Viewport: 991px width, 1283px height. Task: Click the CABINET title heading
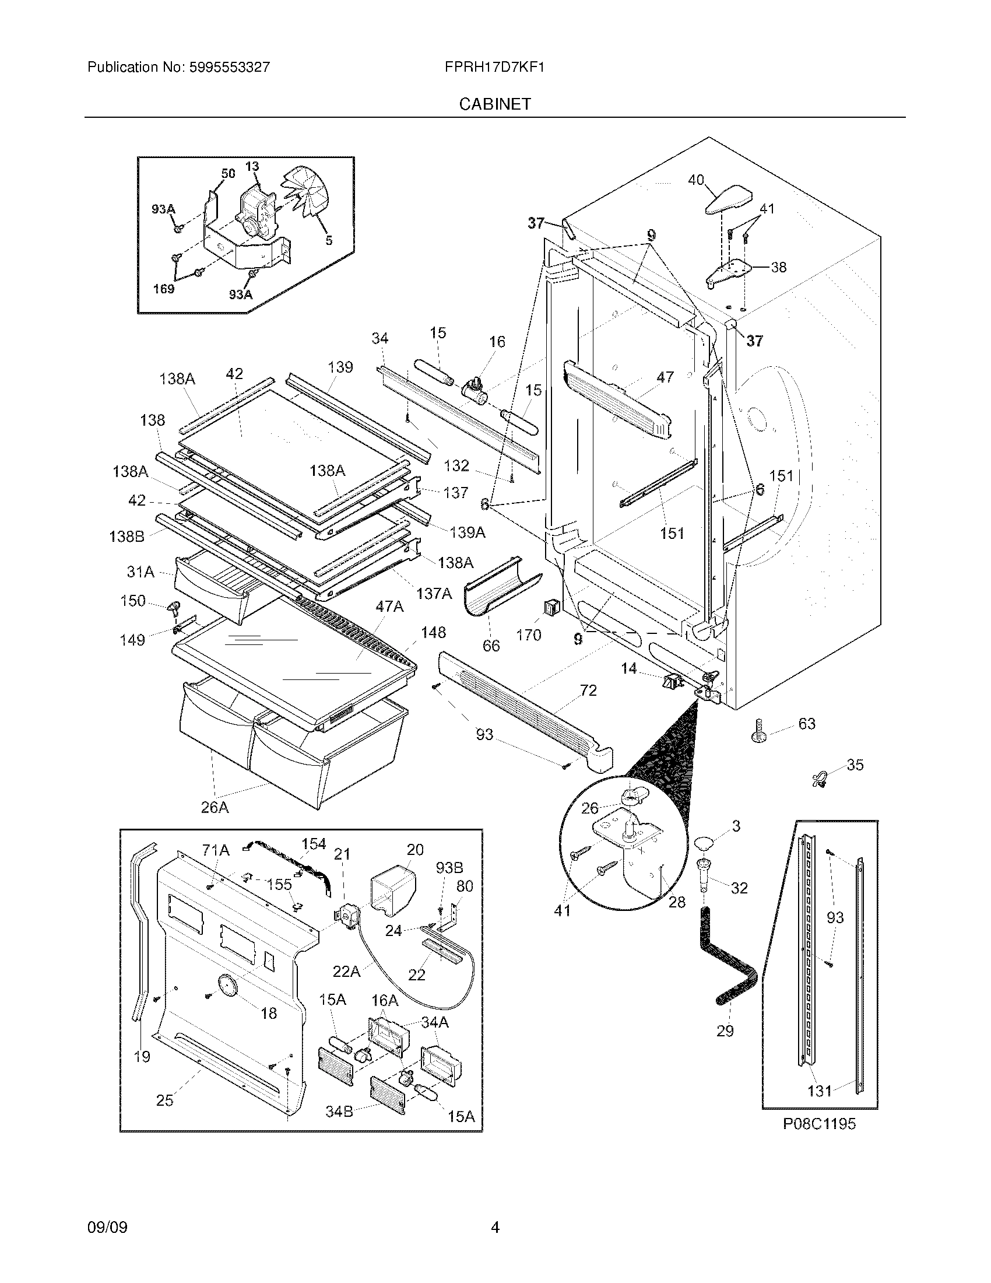pyautogui.click(x=495, y=104)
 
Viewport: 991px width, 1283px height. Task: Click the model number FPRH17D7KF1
pyautogui.click(x=495, y=67)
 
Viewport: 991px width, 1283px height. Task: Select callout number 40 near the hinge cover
pyautogui.click(x=695, y=180)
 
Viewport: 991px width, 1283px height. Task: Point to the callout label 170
pyautogui.click(x=528, y=635)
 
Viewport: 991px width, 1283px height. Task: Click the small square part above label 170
pyautogui.click(x=551, y=608)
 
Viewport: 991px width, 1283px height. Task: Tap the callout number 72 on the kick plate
pyautogui.click(x=588, y=690)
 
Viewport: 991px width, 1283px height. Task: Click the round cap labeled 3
pyautogui.click(x=705, y=844)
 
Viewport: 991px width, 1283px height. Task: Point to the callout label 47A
pyautogui.click(x=389, y=607)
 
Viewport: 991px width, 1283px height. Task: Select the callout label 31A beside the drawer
pyautogui.click(x=140, y=571)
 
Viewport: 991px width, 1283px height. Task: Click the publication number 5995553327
pyautogui.click(x=230, y=67)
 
